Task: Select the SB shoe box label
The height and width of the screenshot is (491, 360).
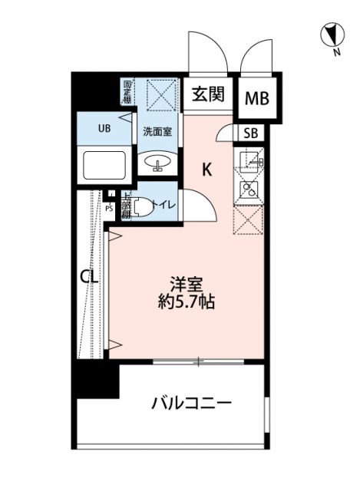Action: click(x=250, y=133)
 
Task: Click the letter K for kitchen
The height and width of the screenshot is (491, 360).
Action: click(x=207, y=170)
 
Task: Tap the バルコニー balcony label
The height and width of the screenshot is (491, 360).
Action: click(x=191, y=403)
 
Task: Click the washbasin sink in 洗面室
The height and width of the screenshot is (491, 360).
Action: click(x=157, y=163)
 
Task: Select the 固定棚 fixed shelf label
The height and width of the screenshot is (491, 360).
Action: click(x=127, y=93)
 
